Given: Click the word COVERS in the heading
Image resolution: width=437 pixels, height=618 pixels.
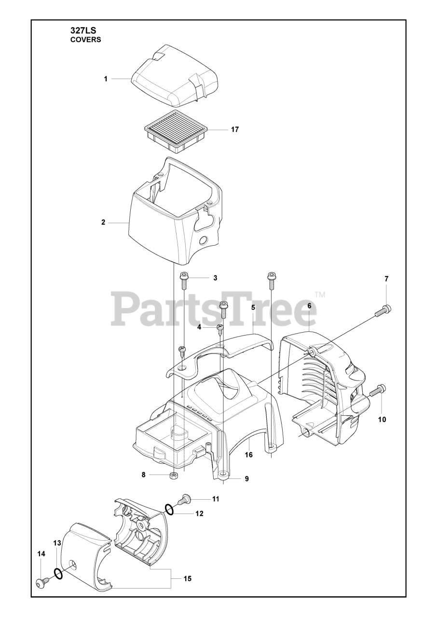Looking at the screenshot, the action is [86, 40].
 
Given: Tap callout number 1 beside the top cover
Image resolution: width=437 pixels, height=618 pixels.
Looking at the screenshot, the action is [106, 79].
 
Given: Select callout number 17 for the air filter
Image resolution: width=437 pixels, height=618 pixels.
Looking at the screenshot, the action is [235, 129].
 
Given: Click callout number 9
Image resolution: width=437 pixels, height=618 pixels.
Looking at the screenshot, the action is [246, 478].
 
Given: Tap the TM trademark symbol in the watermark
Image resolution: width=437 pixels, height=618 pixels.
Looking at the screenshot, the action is [320, 295].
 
